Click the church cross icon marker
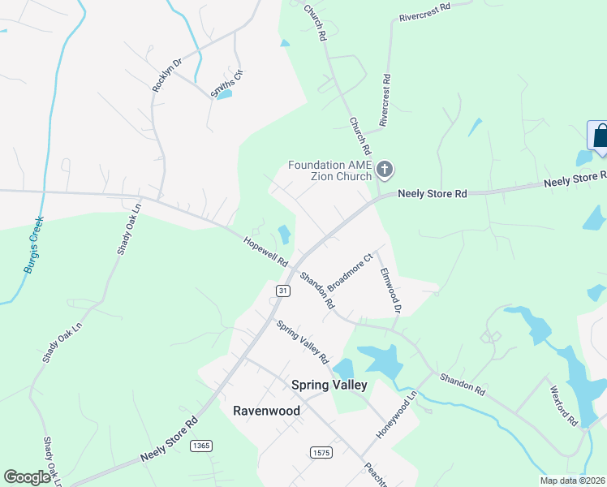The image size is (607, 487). [385, 170]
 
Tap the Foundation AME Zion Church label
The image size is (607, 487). [329, 170]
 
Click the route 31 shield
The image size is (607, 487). [282, 291]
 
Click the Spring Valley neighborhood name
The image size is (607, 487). [329, 385]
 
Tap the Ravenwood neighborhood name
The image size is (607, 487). [266, 411]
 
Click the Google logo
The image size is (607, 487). [27, 477]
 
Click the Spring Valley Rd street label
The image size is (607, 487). [302, 342]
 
